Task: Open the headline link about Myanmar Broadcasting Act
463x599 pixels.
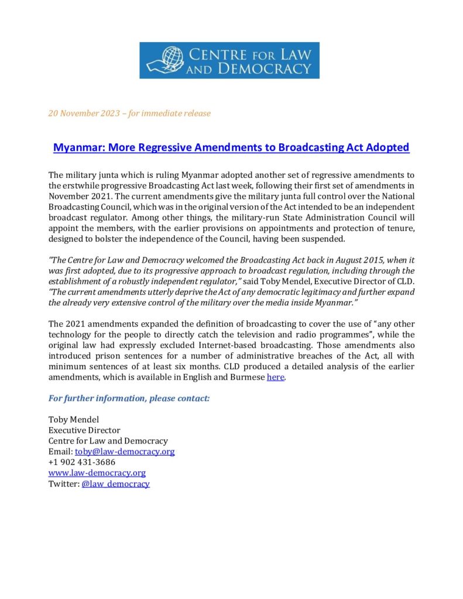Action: coord(231,147)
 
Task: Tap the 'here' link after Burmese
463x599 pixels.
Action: coord(275,378)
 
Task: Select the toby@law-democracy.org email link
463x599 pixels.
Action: coord(125,452)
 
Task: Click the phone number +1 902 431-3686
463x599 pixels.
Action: coord(82,462)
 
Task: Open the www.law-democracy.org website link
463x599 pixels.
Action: coord(97,473)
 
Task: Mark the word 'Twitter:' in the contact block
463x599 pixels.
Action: coord(63,484)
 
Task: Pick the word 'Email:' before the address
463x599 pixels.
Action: coord(60,452)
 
